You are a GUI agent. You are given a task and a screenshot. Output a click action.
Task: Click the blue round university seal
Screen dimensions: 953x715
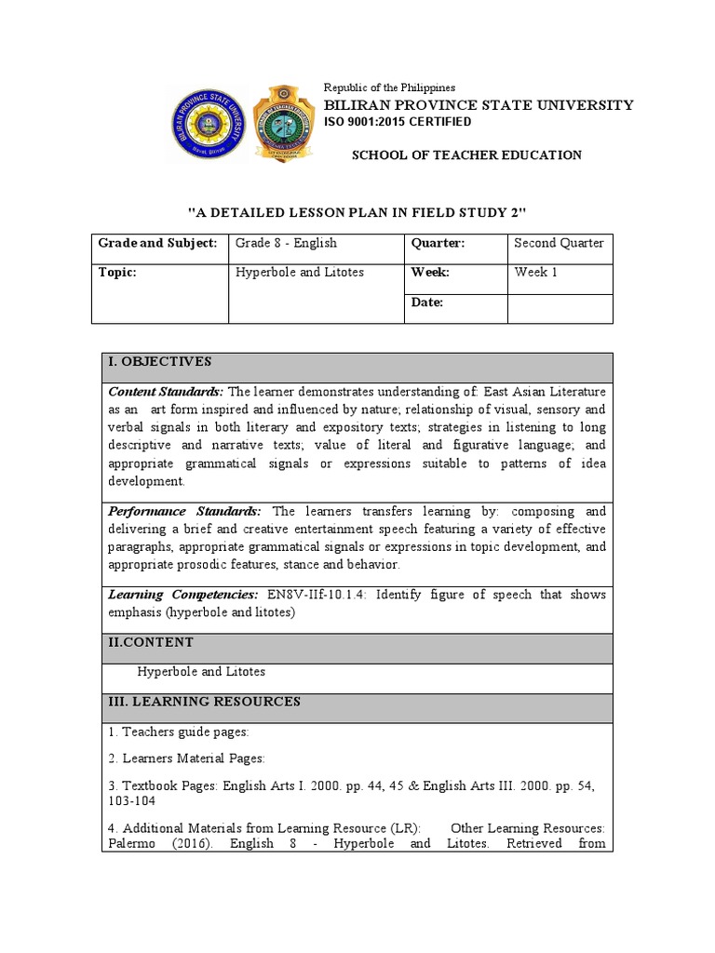(x=207, y=125)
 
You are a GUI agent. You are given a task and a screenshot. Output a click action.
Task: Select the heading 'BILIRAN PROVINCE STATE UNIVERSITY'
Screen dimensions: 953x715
(x=478, y=105)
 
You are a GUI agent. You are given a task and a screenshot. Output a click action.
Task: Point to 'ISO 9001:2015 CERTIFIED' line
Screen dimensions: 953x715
(x=397, y=122)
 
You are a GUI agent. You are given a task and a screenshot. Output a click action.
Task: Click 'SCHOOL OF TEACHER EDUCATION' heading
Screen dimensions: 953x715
(x=465, y=155)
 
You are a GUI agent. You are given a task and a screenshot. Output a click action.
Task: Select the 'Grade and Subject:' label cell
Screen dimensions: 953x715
(x=158, y=243)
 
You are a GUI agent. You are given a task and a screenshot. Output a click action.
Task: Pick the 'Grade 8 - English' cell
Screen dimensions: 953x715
(x=286, y=243)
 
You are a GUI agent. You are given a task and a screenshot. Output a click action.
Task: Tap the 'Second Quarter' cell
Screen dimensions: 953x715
(x=559, y=243)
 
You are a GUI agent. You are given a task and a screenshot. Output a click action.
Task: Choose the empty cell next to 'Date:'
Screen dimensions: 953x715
(x=560, y=308)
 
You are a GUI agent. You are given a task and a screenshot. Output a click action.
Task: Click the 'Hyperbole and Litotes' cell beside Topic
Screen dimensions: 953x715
(x=300, y=273)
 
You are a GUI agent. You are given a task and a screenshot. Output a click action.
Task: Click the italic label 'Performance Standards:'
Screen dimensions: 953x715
(x=185, y=511)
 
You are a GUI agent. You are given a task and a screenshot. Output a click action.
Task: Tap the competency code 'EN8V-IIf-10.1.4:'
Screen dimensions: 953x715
(x=318, y=594)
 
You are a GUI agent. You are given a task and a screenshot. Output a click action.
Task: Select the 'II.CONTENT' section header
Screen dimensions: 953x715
(x=151, y=642)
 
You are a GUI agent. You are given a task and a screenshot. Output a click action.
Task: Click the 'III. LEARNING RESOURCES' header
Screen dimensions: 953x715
(x=204, y=702)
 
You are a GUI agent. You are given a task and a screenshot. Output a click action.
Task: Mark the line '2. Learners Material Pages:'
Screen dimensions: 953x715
(x=186, y=758)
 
